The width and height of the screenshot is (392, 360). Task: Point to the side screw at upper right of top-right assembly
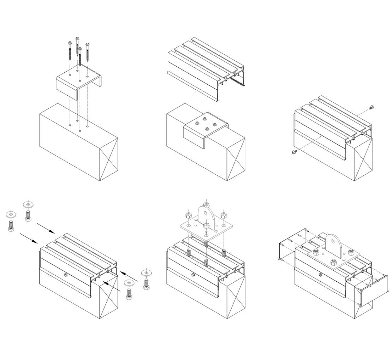(x=372, y=107)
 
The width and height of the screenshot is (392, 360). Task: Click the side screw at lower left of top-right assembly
(x=293, y=152)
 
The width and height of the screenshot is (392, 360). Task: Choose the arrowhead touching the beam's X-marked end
(x=106, y=283)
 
